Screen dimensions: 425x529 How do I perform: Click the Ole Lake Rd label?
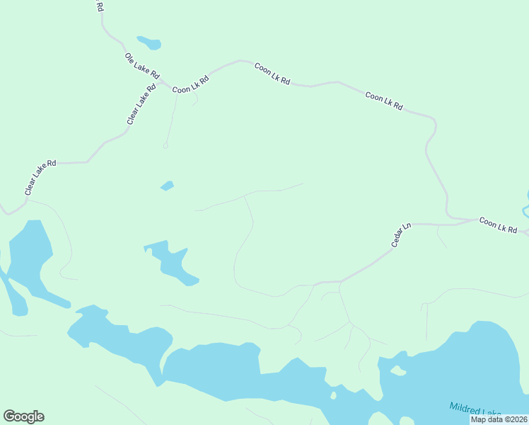[x=142, y=67]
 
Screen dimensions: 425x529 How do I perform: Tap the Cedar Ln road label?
[x=401, y=235]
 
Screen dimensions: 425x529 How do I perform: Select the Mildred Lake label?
[x=475, y=410]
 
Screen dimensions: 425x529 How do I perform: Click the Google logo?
[x=23, y=416]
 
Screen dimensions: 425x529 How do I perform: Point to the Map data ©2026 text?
[x=499, y=419]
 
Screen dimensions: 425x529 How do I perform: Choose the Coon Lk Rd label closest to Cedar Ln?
[x=498, y=225]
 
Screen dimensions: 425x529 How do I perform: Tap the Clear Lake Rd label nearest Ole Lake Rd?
[x=141, y=106]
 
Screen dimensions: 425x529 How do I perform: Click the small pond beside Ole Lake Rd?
[x=150, y=42]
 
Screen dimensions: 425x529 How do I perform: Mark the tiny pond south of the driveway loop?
[x=167, y=186]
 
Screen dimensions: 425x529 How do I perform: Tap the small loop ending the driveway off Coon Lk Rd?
[x=165, y=146]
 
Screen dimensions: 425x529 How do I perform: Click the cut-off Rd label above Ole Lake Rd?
[x=99, y=6]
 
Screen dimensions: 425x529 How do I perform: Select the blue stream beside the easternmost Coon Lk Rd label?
[x=525, y=209]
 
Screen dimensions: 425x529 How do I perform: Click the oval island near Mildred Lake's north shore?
[x=398, y=370]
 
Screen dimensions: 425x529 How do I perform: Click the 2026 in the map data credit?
[x=517, y=419]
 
